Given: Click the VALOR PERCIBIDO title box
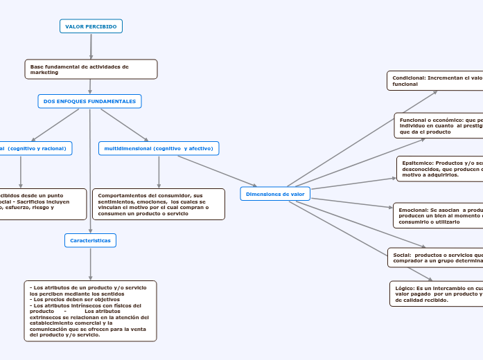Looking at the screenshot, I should [x=91, y=26].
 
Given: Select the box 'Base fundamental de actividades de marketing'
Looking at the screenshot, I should [x=91, y=69].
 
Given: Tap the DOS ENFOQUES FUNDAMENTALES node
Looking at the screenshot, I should [x=89, y=102].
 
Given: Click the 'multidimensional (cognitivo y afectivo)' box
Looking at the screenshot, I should [x=159, y=148].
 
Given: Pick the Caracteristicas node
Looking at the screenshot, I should [x=90, y=240].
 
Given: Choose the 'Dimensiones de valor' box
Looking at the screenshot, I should [x=275, y=195].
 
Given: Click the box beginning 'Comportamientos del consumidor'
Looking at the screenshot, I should [x=159, y=204].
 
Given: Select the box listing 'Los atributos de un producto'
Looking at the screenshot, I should [x=90, y=311].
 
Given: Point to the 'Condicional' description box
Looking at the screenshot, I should [x=435, y=80].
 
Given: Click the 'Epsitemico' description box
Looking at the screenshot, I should [x=440, y=169].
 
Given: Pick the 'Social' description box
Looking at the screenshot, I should [x=435, y=258].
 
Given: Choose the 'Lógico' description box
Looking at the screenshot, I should [x=437, y=294].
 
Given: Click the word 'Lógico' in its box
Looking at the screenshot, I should [x=404, y=287].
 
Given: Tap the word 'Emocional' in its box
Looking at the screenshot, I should [x=414, y=210].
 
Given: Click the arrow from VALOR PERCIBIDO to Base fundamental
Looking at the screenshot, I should [x=91, y=46].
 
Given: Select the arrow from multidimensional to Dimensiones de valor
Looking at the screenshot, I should [x=217, y=172].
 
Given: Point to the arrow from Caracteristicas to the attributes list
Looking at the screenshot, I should [x=90, y=264].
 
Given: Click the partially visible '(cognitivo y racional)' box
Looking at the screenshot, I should [x=35, y=148].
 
